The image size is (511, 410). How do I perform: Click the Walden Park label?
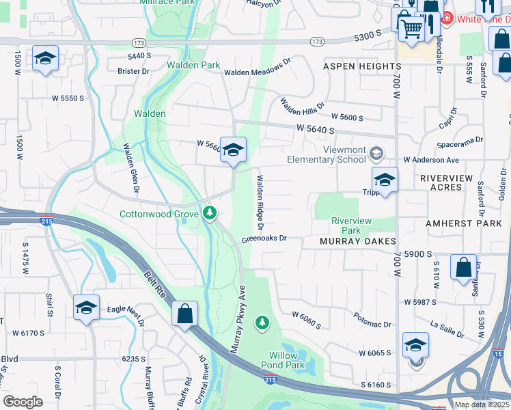click(193, 66)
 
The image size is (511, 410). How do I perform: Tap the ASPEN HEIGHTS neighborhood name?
click(362, 66)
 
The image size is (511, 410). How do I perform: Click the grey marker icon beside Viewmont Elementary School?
click(376, 152)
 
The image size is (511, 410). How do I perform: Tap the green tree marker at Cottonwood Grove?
click(210, 214)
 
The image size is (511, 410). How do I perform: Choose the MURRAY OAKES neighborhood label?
click(358, 242)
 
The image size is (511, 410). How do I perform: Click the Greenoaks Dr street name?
click(262, 239)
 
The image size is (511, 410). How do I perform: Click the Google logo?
click(23, 401)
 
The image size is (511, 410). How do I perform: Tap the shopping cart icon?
click(411, 29)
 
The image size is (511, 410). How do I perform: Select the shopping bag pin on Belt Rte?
click(184, 314)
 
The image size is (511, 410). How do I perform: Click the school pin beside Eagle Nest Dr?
click(87, 307)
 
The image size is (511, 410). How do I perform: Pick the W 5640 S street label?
click(316, 129)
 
